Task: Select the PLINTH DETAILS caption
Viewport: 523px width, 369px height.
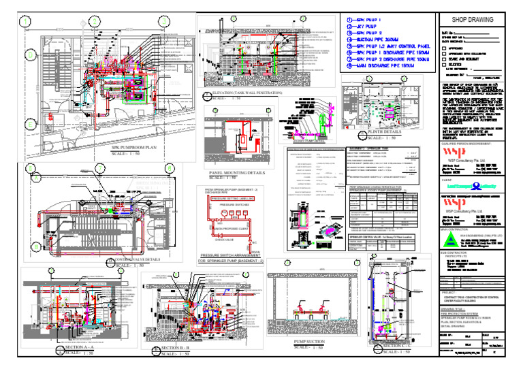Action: click(x=386, y=131)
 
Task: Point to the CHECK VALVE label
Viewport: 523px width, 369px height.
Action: click(x=228, y=239)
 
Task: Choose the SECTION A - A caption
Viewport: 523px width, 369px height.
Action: click(x=75, y=347)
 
